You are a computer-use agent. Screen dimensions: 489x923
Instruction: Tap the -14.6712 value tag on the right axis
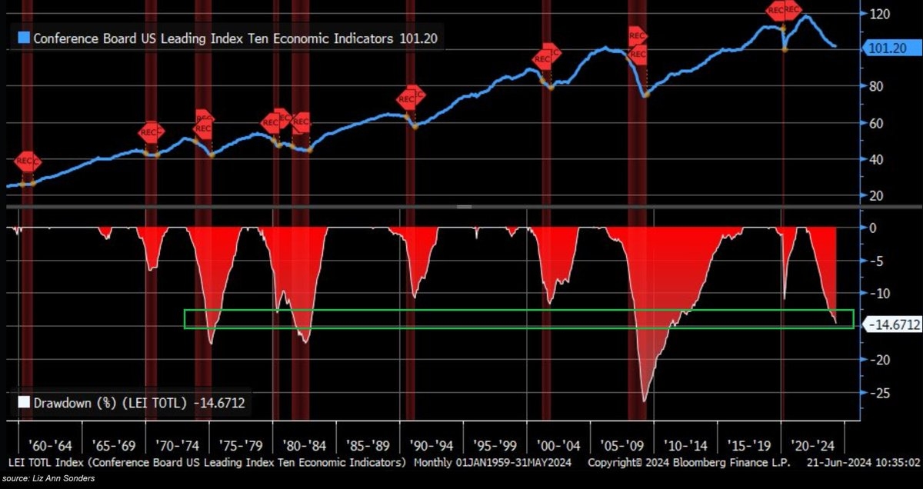(x=893, y=325)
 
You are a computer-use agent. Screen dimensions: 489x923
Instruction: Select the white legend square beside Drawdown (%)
(x=23, y=401)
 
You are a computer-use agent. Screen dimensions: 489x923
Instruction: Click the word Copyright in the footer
(x=616, y=463)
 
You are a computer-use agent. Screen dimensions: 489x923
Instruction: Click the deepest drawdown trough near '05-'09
(x=644, y=400)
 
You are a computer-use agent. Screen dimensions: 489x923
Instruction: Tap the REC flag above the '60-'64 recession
(x=26, y=161)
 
